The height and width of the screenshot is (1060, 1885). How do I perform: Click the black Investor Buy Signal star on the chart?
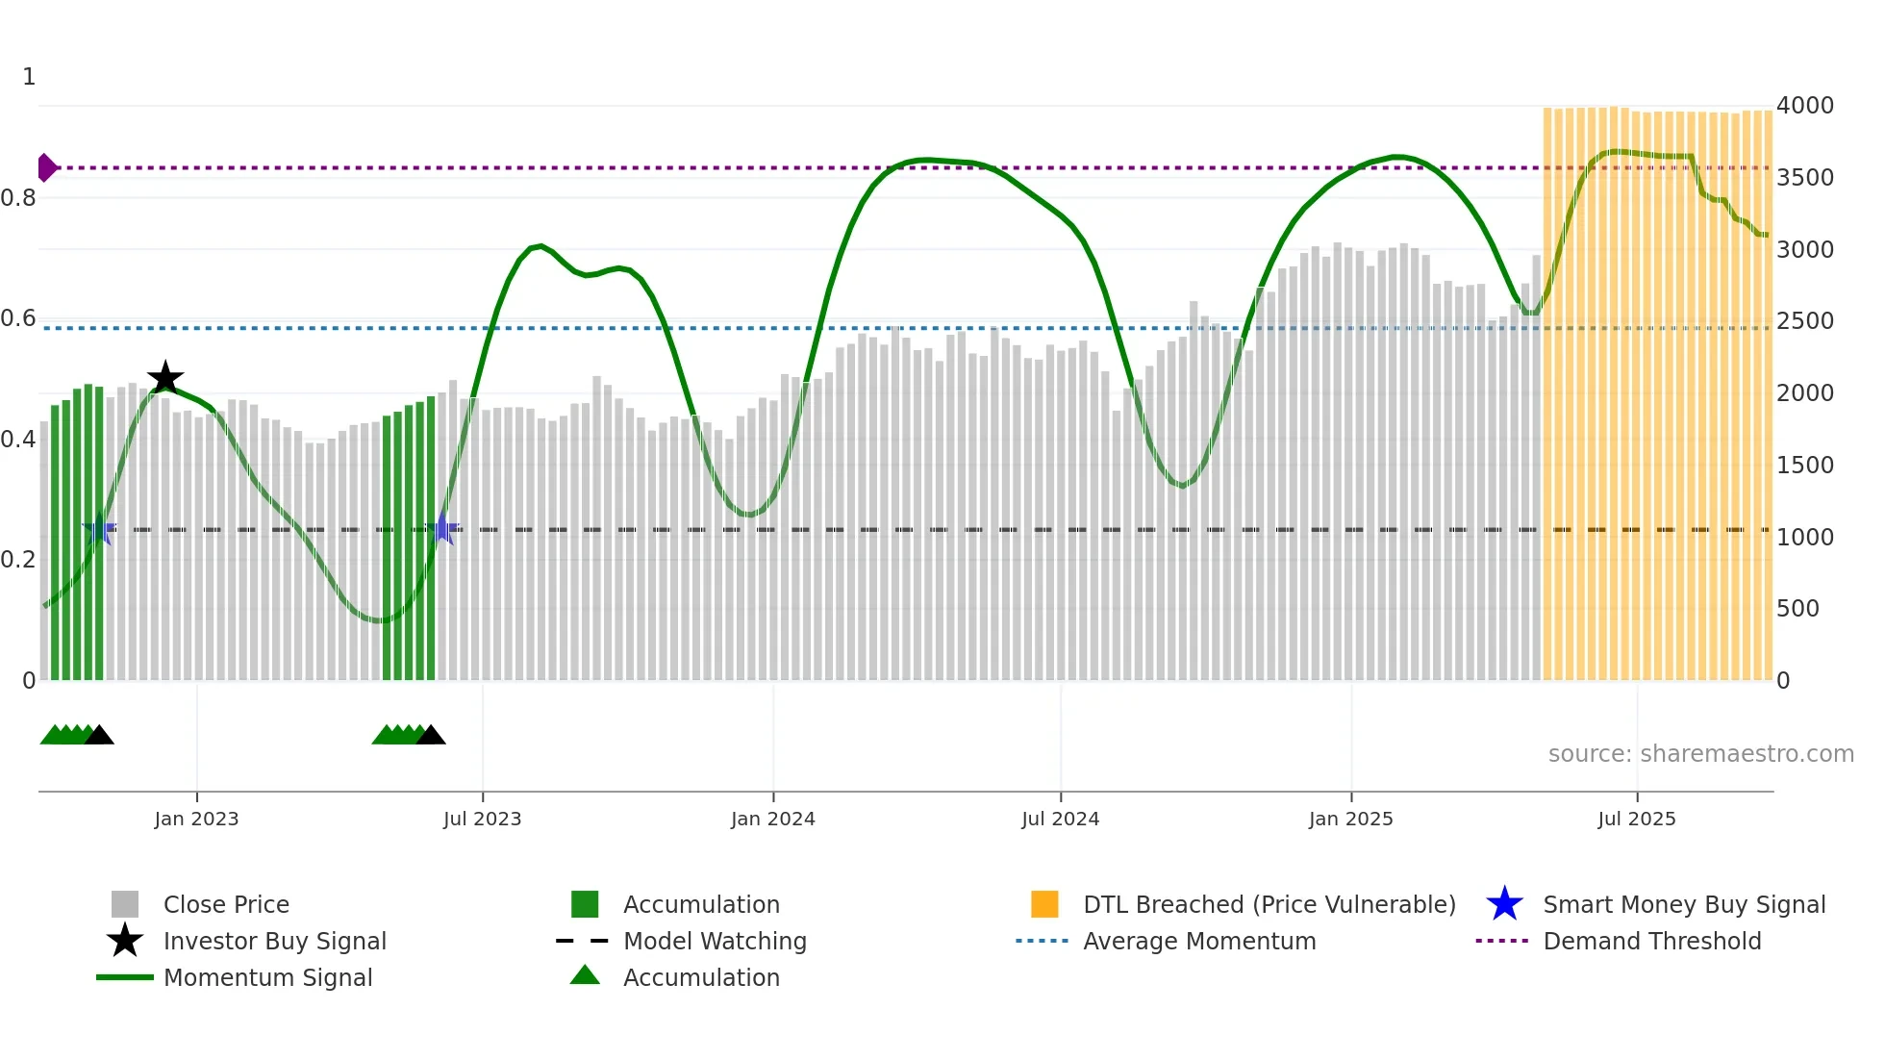tap(165, 378)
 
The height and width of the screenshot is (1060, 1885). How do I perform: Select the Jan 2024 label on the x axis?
tap(772, 820)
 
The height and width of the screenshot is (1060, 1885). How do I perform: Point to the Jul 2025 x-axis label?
tap(1636, 820)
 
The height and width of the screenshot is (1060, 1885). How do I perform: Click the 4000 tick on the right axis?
tap(1804, 106)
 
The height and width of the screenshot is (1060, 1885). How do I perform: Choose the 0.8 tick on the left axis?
tap(18, 198)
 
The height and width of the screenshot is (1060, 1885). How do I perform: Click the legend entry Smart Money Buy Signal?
tap(1683, 905)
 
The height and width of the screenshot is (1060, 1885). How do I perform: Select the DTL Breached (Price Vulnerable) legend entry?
tap(1269, 905)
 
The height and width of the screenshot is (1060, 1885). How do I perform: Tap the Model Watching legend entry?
tap(714, 942)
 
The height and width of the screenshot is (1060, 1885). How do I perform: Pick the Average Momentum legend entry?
tap(1198, 942)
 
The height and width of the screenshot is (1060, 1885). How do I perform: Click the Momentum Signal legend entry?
tap(267, 978)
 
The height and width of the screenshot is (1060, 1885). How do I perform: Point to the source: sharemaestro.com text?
tap(1700, 754)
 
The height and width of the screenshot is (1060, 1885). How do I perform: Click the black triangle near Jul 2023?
tap(431, 735)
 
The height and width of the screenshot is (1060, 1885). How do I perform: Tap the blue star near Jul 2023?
tap(442, 528)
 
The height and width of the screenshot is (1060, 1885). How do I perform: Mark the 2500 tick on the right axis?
tap(1804, 321)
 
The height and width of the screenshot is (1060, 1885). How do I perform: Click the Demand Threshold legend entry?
tap(1651, 942)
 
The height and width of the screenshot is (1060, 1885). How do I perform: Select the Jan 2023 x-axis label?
tap(196, 820)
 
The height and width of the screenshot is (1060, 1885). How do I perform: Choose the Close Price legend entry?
tap(225, 905)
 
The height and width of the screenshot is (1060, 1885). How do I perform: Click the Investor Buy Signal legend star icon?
tap(125, 941)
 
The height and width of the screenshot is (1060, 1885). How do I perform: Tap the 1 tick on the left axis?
tap(29, 77)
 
